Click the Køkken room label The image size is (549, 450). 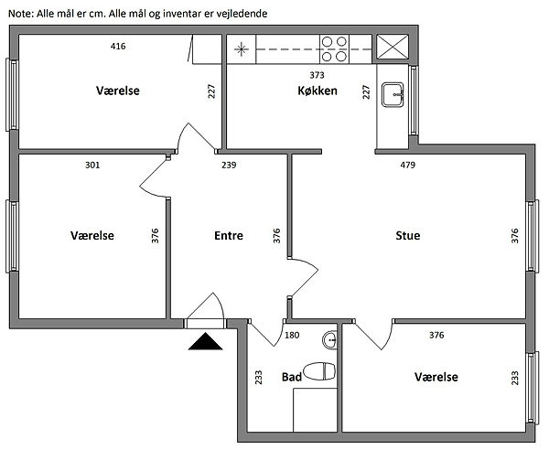(x=318, y=91)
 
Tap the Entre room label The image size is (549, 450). (x=228, y=235)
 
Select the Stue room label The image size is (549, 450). (x=408, y=235)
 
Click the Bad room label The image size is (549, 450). (x=291, y=377)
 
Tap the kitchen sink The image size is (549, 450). (x=394, y=91)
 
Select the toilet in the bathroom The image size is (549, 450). (x=318, y=372)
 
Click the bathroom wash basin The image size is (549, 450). (x=329, y=340)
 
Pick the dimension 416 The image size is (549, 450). (x=117, y=46)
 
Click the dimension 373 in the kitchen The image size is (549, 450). (x=318, y=75)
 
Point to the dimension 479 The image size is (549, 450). (x=409, y=166)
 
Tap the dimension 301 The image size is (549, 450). (x=91, y=166)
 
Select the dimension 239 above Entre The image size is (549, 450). (x=229, y=166)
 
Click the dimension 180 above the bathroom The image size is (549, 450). (x=293, y=335)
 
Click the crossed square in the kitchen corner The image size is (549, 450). (x=395, y=48)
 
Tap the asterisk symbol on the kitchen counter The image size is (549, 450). (x=242, y=48)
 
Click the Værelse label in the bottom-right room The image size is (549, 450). (x=436, y=377)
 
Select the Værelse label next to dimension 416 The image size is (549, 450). (x=118, y=91)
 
